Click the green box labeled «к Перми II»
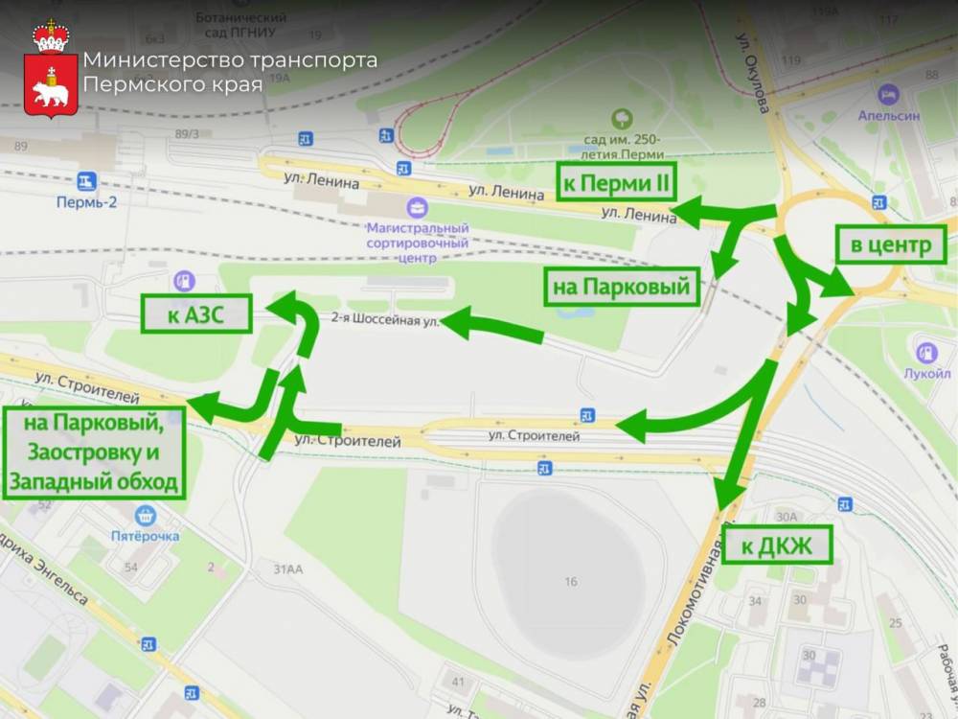[617, 182]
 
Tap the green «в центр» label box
[891, 245]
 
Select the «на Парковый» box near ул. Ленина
[622, 286]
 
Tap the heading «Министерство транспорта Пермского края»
[229, 72]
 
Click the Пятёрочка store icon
[146, 516]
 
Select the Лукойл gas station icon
[926, 352]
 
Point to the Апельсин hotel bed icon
[888, 94]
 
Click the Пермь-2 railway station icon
[87, 181]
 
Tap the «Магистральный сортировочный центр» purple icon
[418, 207]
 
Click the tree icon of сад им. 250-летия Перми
[624, 119]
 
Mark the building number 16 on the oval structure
[571, 581]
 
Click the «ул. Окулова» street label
[753, 77]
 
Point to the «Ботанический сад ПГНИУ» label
[240, 25]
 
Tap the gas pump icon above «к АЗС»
[181, 280]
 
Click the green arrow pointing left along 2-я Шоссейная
[491, 326]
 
